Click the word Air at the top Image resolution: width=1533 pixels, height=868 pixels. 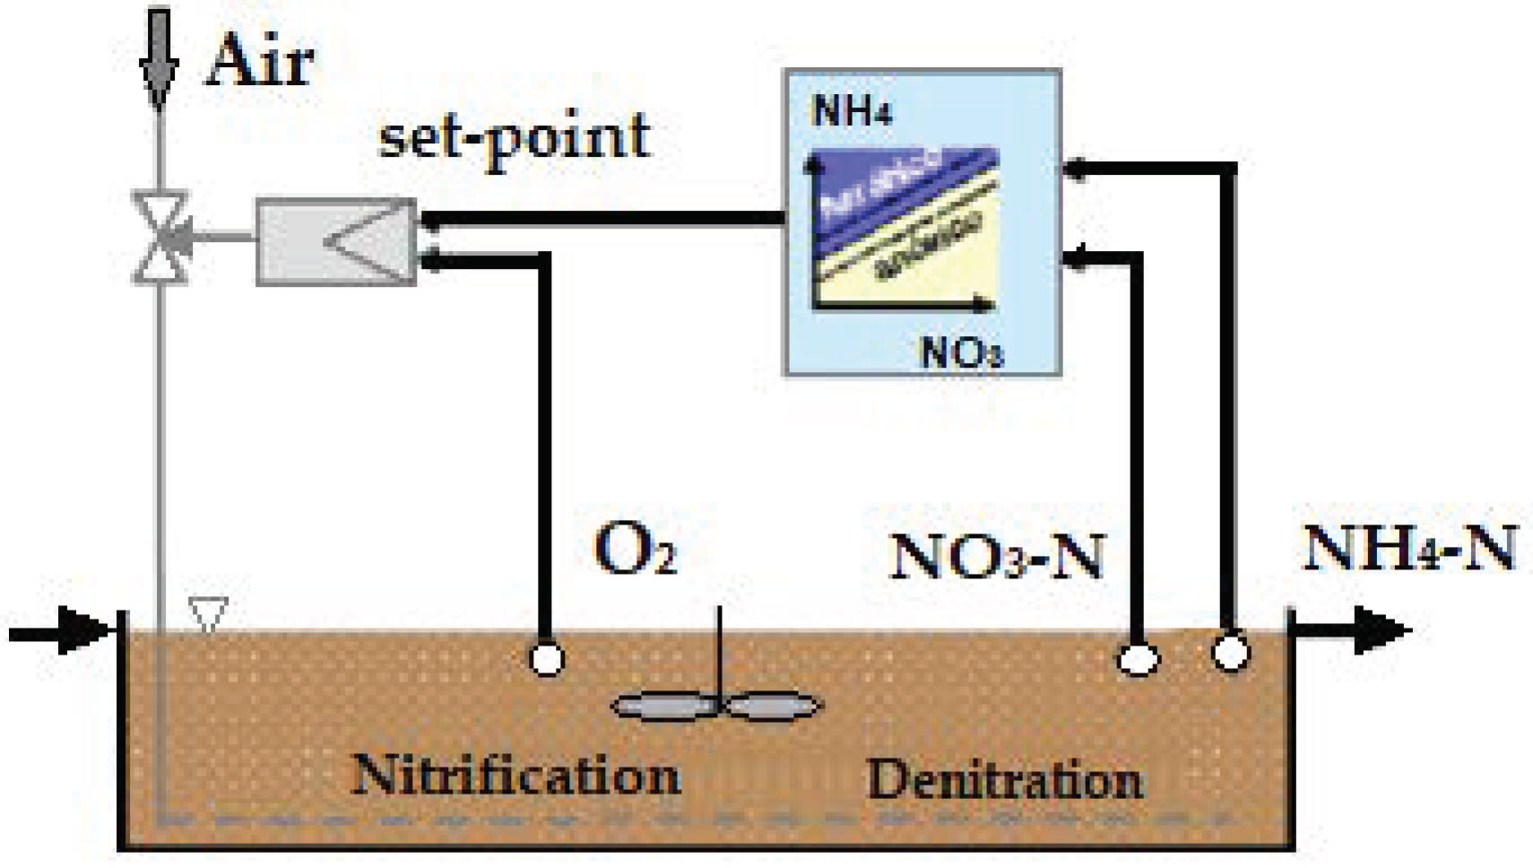(260, 61)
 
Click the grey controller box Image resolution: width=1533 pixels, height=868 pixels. (336, 241)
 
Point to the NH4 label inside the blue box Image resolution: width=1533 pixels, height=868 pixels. (851, 112)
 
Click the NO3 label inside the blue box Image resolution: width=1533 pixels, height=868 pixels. (961, 352)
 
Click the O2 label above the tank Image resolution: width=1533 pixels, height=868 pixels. (635, 549)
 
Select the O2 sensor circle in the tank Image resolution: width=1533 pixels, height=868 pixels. (546, 659)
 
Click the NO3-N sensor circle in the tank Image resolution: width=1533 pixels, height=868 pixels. (1138, 660)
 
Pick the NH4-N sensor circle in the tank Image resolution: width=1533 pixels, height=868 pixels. (1230, 652)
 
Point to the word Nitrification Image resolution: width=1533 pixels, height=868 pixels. (516, 775)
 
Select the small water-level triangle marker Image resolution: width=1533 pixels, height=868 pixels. (208, 614)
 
